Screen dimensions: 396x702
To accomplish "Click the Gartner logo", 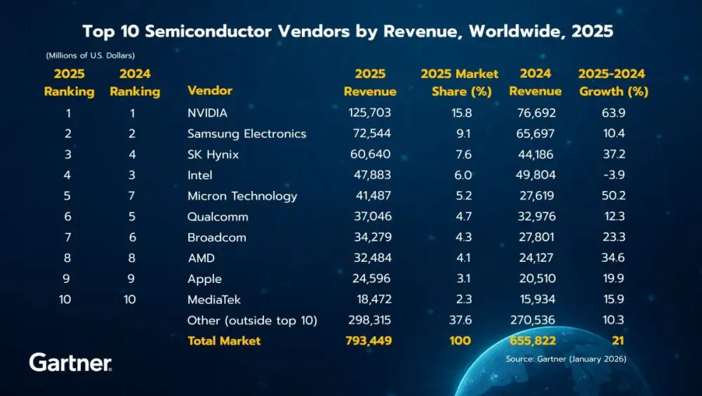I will coord(70,362).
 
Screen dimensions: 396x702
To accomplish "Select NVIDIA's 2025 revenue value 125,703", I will coord(369,112).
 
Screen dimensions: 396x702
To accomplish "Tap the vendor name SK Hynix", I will coord(213,154).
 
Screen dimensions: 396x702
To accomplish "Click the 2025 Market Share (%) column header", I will coord(459,83).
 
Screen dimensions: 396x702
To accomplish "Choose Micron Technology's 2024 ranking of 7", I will coord(132,196).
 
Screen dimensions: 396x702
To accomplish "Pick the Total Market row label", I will coord(224,341).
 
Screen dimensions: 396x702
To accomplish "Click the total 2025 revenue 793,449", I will coord(369,341).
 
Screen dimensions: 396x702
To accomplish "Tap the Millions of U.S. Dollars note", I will coord(91,55).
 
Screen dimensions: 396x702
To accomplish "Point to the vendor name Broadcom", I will coord(217,237).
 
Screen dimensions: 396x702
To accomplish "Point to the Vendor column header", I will coord(210,91).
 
